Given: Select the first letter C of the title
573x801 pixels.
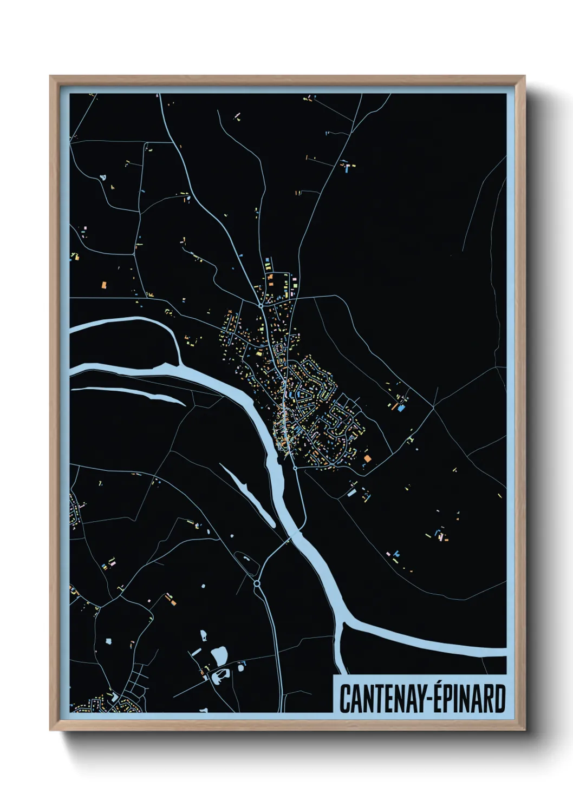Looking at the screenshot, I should pos(344,699).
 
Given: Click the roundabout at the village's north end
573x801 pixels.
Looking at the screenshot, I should pos(261,306).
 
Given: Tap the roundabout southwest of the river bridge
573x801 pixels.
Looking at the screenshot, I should pos(257,583).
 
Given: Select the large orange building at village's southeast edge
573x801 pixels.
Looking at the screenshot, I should pos(368,458).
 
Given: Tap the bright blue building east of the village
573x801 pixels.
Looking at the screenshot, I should pos(401,409).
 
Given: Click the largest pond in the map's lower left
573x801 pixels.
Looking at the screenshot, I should pos(219,656).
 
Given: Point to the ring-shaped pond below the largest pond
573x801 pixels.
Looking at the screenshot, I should pos(222,674).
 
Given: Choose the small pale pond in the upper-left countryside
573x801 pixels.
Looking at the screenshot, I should pos(102,176).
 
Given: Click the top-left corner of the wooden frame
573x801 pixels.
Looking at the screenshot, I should pos(51,77).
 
